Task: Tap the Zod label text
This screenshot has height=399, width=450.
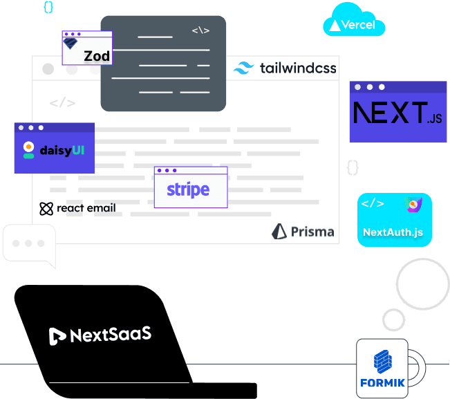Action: pyautogui.click(x=97, y=56)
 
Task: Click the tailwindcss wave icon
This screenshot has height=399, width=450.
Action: pyautogui.click(x=244, y=68)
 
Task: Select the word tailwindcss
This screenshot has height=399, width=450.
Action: pyautogui.click(x=298, y=68)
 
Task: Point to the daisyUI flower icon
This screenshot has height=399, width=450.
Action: pyautogui.click(x=28, y=149)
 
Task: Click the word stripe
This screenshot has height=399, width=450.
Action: pyautogui.click(x=188, y=189)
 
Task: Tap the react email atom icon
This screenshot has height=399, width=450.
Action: pyautogui.click(x=46, y=208)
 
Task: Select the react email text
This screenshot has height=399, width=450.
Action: pyautogui.click(x=86, y=208)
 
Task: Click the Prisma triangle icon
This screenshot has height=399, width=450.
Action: pyautogui.click(x=279, y=232)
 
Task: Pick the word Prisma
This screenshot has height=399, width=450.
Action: pyautogui.click(x=312, y=232)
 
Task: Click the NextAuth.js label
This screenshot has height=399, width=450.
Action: pyautogui.click(x=393, y=232)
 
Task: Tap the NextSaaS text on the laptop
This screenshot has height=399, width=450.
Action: pyautogui.click(x=111, y=335)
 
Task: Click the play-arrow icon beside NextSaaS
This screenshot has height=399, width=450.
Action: pyautogui.click(x=57, y=336)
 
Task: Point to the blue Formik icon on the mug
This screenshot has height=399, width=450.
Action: pyautogui.click(x=383, y=361)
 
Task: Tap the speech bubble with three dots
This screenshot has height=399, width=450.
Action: pyautogui.click(x=28, y=244)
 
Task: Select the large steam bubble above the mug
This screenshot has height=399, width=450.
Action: pyautogui.click(x=422, y=284)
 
